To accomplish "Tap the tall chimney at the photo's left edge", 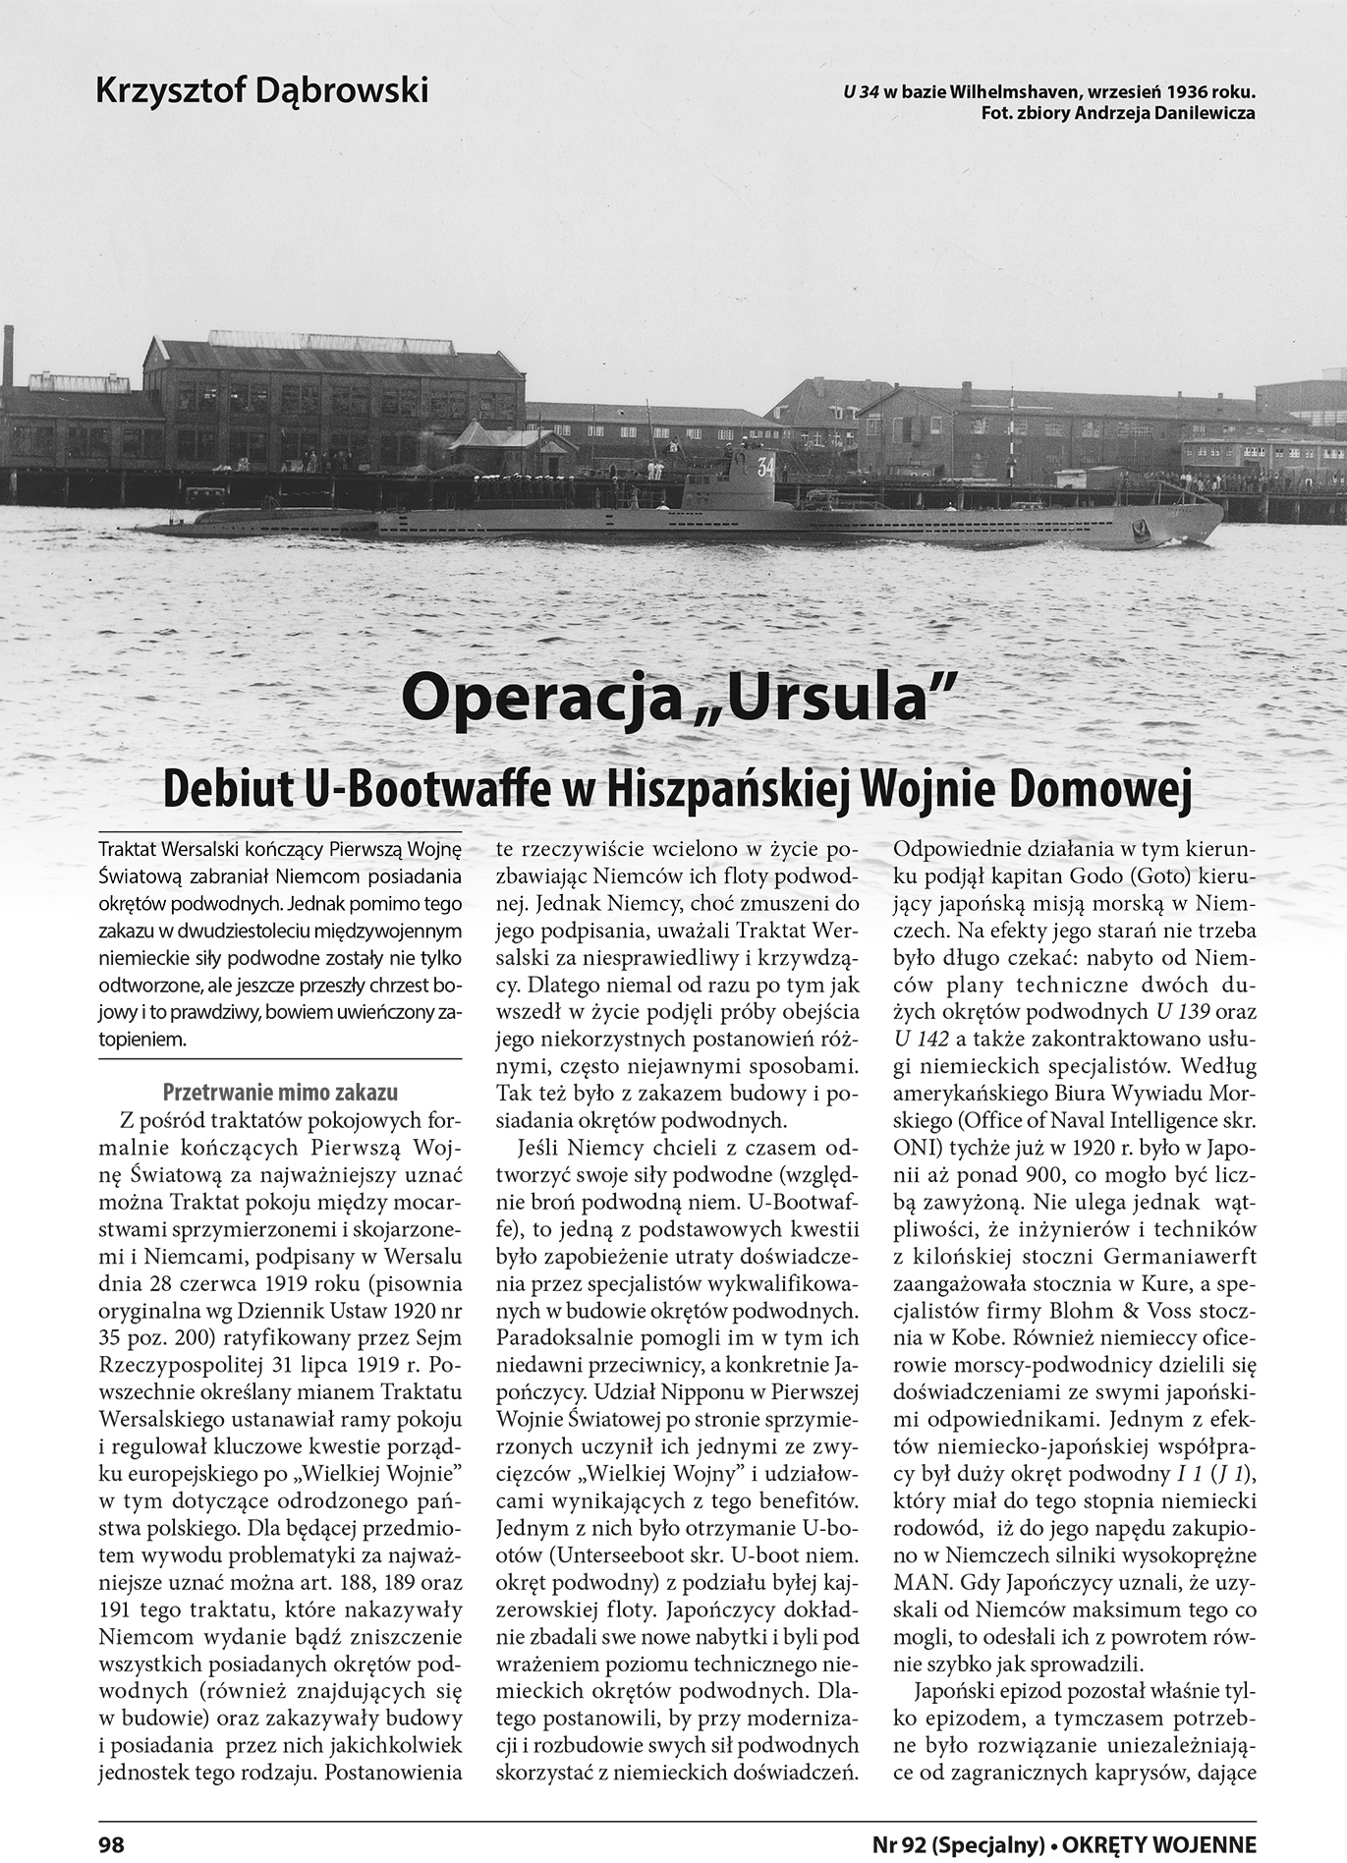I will tap(8, 356).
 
